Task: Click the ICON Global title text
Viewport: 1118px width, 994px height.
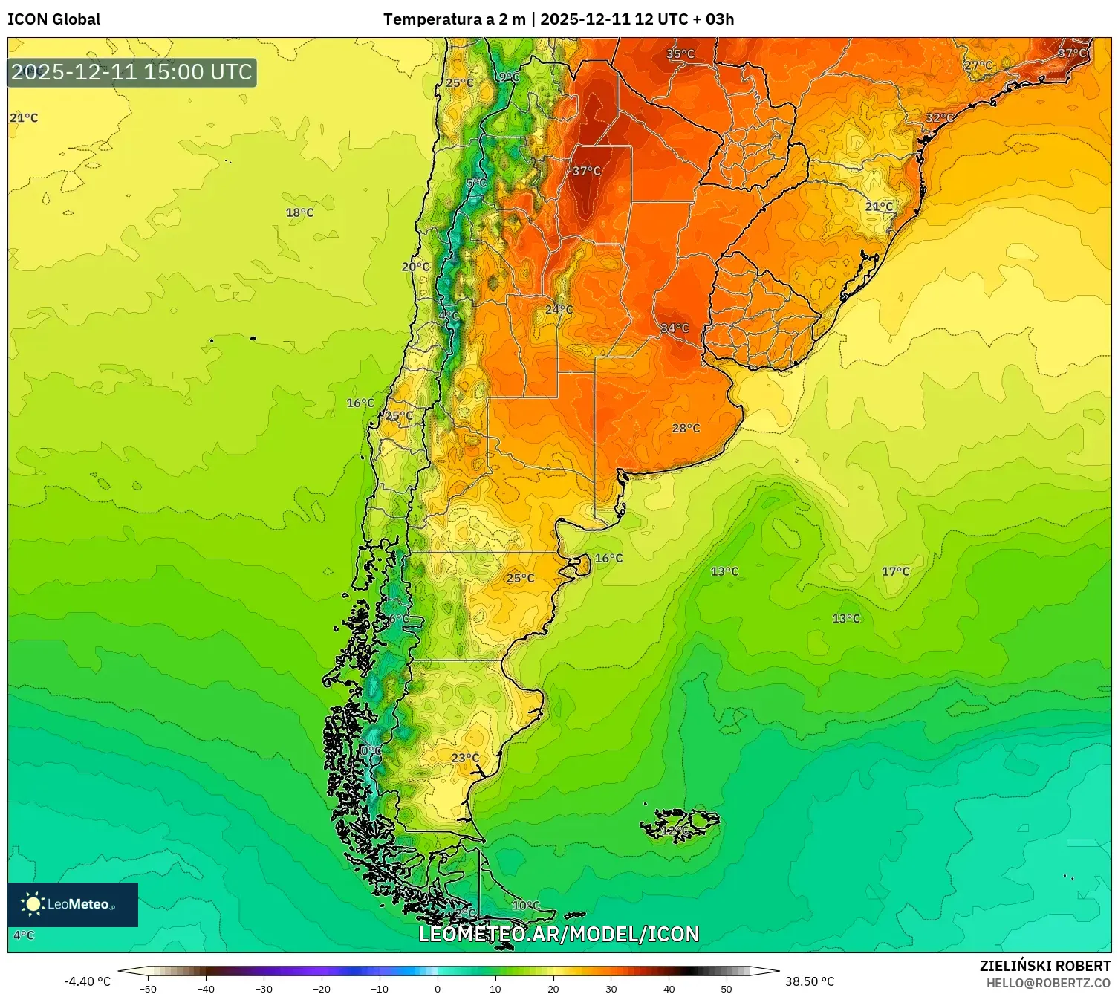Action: click(x=54, y=19)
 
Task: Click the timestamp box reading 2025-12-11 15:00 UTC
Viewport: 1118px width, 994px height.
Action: click(x=132, y=72)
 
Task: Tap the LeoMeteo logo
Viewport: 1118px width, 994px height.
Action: click(x=72, y=904)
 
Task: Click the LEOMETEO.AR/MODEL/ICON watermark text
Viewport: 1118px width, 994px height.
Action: click(x=559, y=934)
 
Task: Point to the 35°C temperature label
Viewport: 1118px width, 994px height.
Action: click(x=680, y=54)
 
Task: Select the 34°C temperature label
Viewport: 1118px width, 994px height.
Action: click(x=675, y=328)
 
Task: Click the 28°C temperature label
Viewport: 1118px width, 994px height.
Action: click(x=686, y=429)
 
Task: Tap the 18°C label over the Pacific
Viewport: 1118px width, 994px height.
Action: click(x=299, y=213)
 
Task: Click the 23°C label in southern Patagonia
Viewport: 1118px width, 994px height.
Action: click(x=465, y=758)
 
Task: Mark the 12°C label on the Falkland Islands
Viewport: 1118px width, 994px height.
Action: click(x=675, y=831)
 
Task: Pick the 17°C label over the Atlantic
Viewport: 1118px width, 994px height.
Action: click(x=895, y=571)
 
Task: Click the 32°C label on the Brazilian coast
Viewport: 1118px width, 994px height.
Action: click(x=939, y=118)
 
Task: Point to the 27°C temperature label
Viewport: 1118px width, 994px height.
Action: click(x=978, y=65)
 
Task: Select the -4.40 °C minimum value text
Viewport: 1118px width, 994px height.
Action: click(x=87, y=981)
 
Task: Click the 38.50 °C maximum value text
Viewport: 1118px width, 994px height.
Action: click(x=810, y=981)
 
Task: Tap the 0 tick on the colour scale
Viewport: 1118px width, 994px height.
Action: click(x=437, y=988)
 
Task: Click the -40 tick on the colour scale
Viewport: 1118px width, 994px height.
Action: click(x=206, y=988)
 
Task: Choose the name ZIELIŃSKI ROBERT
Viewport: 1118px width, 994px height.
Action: click(x=1044, y=966)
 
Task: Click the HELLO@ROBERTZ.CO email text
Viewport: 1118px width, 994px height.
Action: click(x=1047, y=983)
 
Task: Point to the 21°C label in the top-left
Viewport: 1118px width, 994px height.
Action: click(x=24, y=118)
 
